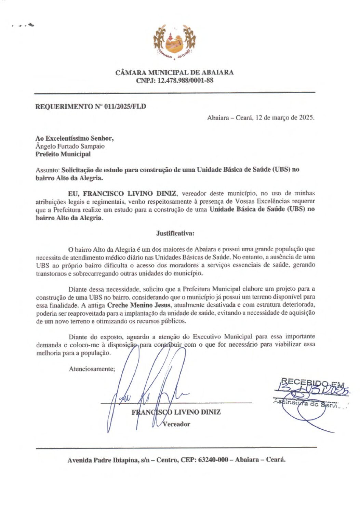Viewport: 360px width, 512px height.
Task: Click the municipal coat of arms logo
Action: point(174,43)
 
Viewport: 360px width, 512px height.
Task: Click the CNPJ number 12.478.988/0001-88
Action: point(186,81)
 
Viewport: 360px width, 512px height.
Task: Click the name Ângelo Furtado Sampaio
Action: point(70,146)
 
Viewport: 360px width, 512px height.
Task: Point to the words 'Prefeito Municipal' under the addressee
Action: point(63,154)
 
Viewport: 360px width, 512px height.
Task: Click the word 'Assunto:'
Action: point(48,170)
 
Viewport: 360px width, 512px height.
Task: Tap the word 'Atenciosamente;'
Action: point(92,369)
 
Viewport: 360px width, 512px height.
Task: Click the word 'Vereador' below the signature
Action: point(176,424)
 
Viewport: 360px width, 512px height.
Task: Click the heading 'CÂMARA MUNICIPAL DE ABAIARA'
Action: point(174,72)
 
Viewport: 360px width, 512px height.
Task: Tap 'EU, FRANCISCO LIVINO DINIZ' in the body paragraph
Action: point(122,194)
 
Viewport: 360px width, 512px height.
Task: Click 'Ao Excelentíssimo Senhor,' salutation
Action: point(75,138)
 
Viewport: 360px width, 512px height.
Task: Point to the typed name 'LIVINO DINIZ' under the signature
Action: point(197,412)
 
